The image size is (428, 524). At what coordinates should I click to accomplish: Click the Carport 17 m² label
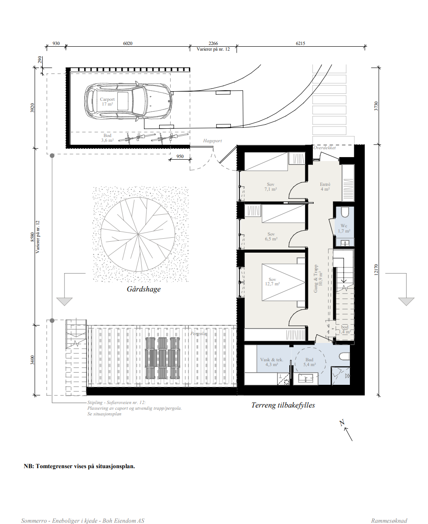(x=107, y=102)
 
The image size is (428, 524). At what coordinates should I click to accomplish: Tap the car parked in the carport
(x=128, y=101)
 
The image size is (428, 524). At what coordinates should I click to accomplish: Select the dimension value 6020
(x=128, y=43)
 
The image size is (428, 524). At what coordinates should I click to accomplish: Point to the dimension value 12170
(x=376, y=270)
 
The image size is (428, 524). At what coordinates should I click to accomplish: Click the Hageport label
(x=212, y=140)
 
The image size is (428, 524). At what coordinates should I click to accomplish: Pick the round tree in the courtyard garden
(x=138, y=234)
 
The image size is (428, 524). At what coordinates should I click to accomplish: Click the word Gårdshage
(x=144, y=289)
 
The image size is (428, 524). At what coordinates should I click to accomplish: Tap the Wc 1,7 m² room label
(x=344, y=228)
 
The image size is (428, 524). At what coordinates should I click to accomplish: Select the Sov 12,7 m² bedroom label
(x=273, y=281)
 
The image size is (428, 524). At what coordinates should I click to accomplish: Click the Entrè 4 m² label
(x=325, y=187)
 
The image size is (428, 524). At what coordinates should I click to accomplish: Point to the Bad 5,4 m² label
(x=309, y=362)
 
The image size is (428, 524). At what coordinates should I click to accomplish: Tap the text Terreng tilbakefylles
(x=283, y=405)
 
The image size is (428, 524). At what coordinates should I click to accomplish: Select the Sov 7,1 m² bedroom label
(x=271, y=187)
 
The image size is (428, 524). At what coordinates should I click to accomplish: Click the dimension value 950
(x=180, y=156)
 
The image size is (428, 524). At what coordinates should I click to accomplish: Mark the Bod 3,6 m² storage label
(x=107, y=137)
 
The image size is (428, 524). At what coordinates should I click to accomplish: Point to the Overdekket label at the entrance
(x=325, y=147)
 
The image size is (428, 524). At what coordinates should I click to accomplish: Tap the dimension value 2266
(x=213, y=43)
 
